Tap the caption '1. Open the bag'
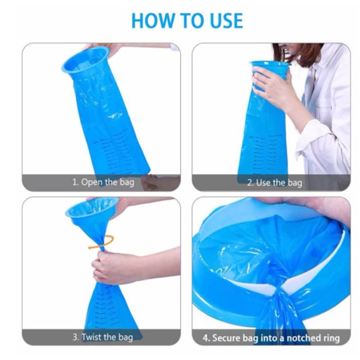(103, 183)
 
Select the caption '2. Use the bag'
(274, 183)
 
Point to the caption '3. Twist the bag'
(103, 337)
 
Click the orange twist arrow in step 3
(102, 242)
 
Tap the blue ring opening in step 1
(85, 60)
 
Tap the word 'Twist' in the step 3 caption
(92, 337)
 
